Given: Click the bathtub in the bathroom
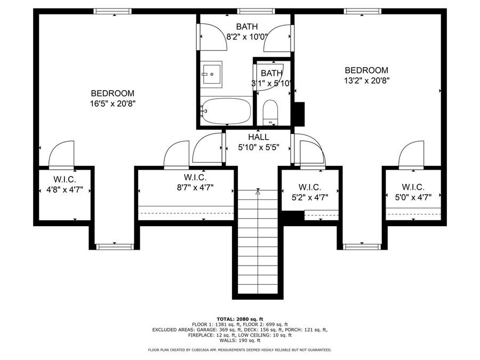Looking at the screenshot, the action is [227, 111].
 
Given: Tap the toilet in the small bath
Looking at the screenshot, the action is [270, 113].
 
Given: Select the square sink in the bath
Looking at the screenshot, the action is [211, 74].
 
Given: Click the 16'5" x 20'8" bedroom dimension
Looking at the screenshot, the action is [113, 103].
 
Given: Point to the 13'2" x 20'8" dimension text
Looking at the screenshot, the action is [366, 81].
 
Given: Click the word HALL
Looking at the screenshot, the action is [258, 137].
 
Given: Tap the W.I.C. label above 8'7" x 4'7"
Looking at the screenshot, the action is [195, 177].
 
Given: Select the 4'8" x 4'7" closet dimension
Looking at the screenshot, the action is [65, 190].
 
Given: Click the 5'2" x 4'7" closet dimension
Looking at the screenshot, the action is [310, 197].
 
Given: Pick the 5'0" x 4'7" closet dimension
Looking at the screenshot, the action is [413, 197].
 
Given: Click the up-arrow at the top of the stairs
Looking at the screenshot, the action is [258, 193].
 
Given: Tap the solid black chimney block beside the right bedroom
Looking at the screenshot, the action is [299, 114].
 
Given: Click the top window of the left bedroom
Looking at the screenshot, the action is [113, 11].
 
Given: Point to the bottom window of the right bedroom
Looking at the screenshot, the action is [362, 247].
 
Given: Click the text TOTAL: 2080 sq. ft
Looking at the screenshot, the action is [240, 319].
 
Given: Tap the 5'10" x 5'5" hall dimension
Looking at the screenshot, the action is [259, 148].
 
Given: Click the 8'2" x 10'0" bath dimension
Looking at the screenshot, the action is [247, 37].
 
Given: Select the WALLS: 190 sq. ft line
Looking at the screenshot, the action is [240, 340].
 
